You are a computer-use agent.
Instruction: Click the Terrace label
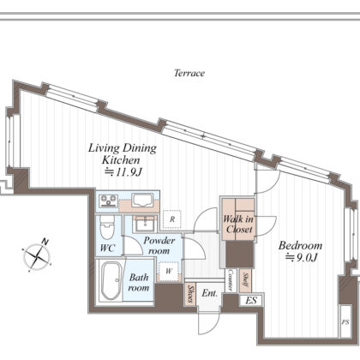pyautogui.click(x=189, y=73)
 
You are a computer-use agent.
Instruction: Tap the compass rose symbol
pyautogui.click(x=37, y=257)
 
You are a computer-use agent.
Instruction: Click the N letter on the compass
pyautogui.click(x=45, y=242)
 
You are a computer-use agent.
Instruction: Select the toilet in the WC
pyautogui.click(x=107, y=227)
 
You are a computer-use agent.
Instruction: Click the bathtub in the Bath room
pyautogui.click(x=111, y=281)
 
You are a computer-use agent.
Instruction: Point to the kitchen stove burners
pyautogui.click(x=108, y=200)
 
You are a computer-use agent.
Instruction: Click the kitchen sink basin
pyautogui.click(x=142, y=200)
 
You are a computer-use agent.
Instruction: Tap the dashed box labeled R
pyautogui.click(x=172, y=219)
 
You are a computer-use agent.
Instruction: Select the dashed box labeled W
pyautogui.click(x=169, y=271)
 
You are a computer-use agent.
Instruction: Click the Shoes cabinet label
pyautogui.click(x=190, y=294)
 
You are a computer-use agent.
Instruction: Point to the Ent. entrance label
pyautogui.click(x=209, y=293)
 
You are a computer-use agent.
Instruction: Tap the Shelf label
pyautogui.click(x=245, y=279)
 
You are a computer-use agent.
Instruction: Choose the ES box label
pyautogui.click(x=251, y=301)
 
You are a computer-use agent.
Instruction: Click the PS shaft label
pyautogui.click(x=345, y=322)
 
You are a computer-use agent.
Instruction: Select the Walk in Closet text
pyautogui.click(x=238, y=225)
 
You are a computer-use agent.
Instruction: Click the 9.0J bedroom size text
pyautogui.click(x=302, y=258)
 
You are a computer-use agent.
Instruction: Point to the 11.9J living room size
pyautogui.click(x=123, y=172)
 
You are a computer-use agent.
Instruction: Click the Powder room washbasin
pyautogui.click(x=146, y=223)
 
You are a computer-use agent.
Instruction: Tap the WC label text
pyautogui.click(x=107, y=248)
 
